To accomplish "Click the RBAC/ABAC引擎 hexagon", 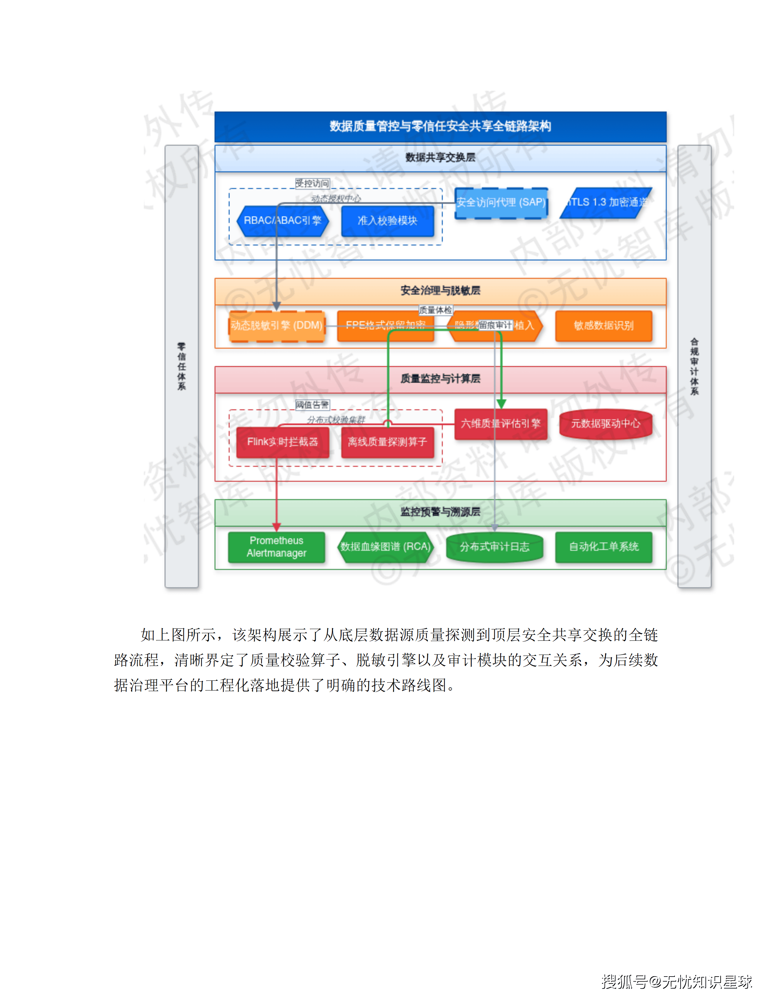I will pyautogui.click(x=282, y=221).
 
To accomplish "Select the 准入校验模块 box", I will pyautogui.click(x=387, y=221).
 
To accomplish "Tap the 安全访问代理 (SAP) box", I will pyautogui.click(x=501, y=203).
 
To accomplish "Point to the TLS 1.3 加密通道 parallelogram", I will pyautogui.click(x=606, y=203).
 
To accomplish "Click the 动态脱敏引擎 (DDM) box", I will pyautogui.click(x=277, y=325).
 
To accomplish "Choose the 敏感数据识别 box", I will pyautogui.click(x=604, y=325).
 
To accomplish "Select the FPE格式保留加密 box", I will pyautogui.click(x=385, y=325).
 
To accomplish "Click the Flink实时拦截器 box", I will pyautogui.click(x=282, y=442).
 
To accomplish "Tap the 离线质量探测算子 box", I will pyautogui.click(x=387, y=442).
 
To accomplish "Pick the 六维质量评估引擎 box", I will pyautogui.click(x=501, y=424).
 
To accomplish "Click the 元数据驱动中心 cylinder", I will pyautogui.click(x=605, y=424).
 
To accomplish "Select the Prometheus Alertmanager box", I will pyautogui.click(x=276, y=547).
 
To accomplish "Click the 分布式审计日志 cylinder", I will pyautogui.click(x=494, y=547).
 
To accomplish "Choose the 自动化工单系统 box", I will pyautogui.click(x=604, y=547).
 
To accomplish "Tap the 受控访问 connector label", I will pyautogui.click(x=312, y=183).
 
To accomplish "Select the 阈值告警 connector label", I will pyautogui.click(x=312, y=404).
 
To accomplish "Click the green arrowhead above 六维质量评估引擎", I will pyautogui.click(x=501, y=404).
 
